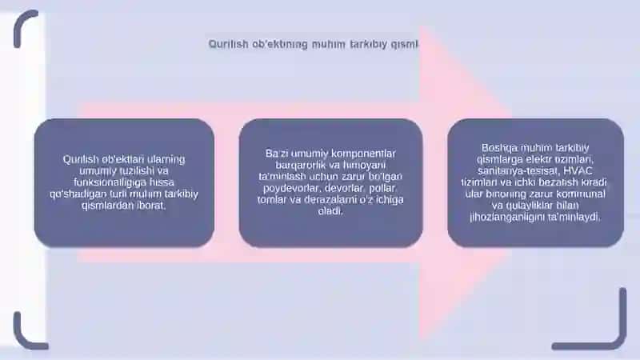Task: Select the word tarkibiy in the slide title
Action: pos(368,44)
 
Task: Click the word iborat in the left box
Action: pos(151,205)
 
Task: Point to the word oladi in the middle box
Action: pos(330,211)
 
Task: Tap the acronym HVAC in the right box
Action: pos(578,170)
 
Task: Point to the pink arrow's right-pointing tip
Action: pos(510,182)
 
